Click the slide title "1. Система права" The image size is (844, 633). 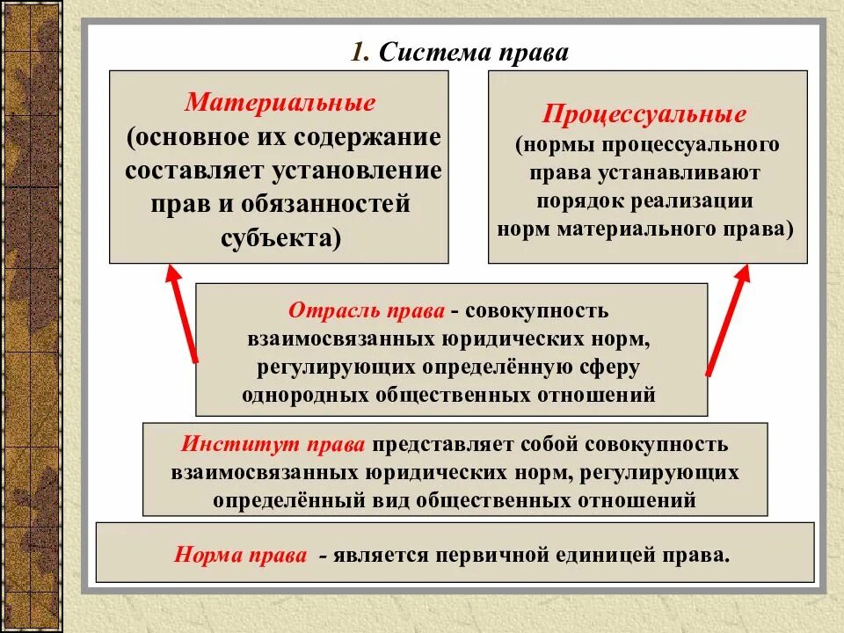pyautogui.click(x=460, y=52)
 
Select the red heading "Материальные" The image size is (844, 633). pyautogui.click(x=280, y=102)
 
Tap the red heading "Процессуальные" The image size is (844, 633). pyautogui.click(x=645, y=114)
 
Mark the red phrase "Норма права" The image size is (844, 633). pyautogui.click(x=240, y=556)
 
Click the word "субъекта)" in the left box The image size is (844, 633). pyautogui.click(x=280, y=238)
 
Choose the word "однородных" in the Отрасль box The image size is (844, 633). pyautogui.click(x=307, y=394)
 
